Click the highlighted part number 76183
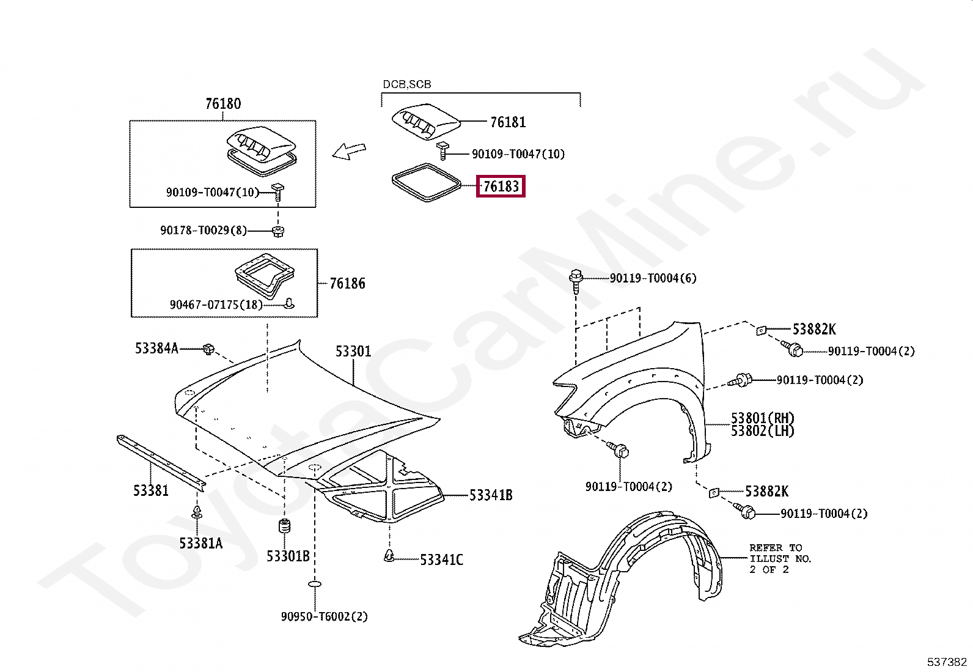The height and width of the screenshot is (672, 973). click(x=501, y=186)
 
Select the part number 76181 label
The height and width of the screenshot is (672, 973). click(x=508, y=122)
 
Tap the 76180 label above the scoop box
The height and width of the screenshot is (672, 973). click(x=222, y=104)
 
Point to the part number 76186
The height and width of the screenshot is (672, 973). click(x=347, y=284)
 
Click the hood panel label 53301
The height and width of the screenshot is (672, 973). click(x=353, y=352)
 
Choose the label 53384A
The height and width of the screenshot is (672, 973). click(x=156, y=349)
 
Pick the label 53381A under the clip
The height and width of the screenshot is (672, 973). click(x=200, y=543)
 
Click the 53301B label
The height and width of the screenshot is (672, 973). click(x=287, y=556)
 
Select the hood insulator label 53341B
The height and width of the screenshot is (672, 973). click(x=491, y=495)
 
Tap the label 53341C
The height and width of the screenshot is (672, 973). click(x=441, y=560)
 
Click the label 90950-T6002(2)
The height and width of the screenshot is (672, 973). click(x=324, y=616)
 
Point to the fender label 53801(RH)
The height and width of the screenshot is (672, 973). click(x=763, y=418)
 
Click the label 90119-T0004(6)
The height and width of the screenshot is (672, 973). click(x=653, y=278)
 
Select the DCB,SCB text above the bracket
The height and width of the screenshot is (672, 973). click(x=406, y=84)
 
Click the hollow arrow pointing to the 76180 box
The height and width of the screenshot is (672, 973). click(x=349, y=150)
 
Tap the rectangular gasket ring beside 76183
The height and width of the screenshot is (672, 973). click(x=425, y=182)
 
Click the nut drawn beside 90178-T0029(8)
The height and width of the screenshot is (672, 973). click(x=278, y=231)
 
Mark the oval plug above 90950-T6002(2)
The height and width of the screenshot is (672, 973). click(x=315, y=585)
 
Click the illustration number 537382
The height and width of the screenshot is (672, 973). click(x=947, y=662)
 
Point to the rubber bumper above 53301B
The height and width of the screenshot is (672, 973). click(x=284, y=526)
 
